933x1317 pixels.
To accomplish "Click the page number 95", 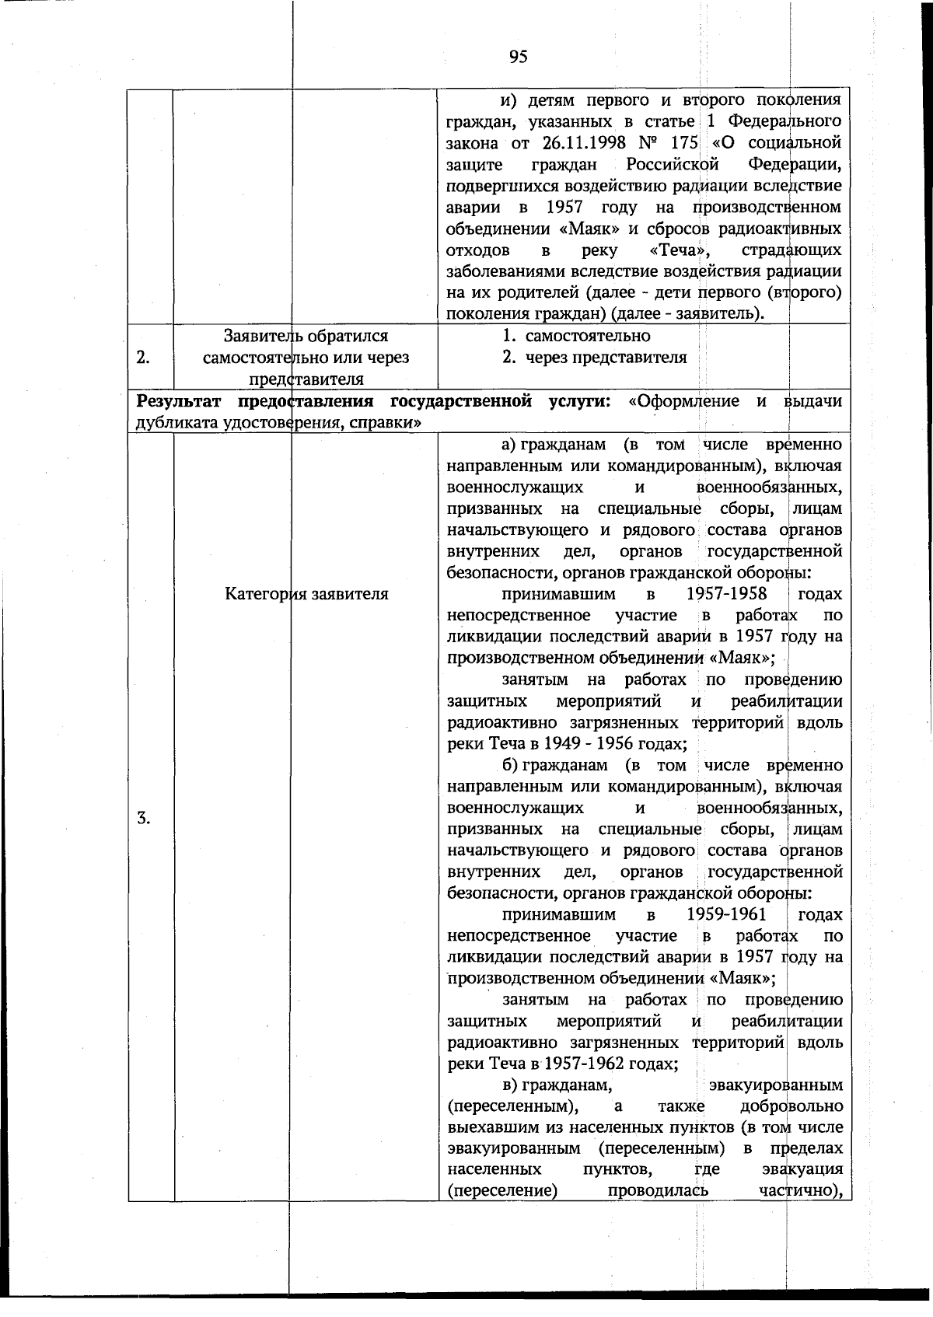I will (x=519, y=56).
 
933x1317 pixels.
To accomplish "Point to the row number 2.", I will (x=143, y=358).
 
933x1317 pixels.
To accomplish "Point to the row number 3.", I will (x=143, y=818).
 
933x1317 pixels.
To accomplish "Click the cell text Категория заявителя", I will (x=306, y=595).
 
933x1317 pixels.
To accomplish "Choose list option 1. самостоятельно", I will (x=576, y=337).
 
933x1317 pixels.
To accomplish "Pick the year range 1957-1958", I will (x=727, y=594).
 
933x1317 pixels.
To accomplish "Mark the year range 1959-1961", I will (x=727, y=914).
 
